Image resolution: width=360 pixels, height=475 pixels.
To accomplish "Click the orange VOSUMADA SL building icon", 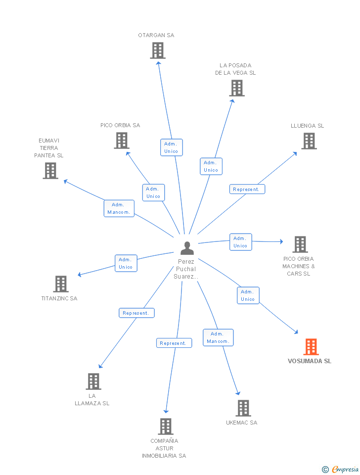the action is point(311,346).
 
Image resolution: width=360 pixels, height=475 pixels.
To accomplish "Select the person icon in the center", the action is point(187,248).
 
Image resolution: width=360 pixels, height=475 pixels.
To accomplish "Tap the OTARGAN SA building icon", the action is point(158,50).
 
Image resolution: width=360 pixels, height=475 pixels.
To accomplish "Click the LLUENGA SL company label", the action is point(307,126).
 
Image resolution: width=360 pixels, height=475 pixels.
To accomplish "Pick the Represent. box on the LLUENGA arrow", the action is point(247,189).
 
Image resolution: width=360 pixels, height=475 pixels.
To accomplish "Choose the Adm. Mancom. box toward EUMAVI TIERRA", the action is point(119,208).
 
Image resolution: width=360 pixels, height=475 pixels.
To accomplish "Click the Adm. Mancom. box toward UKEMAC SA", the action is point(218,337).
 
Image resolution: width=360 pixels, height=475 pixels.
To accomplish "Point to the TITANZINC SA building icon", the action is point(60,284).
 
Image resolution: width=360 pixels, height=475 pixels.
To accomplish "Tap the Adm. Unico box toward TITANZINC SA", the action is point(126,263).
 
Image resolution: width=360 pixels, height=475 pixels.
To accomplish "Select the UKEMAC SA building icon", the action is point(243,408).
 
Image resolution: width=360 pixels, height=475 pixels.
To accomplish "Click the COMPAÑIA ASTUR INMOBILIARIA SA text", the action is point(164,448).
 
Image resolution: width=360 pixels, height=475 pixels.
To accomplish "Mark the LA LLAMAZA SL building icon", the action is point(93,381).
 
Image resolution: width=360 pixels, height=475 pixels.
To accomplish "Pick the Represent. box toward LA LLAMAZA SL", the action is point(136,313).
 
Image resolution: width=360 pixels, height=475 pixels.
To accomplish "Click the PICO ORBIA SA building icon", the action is point(122,141).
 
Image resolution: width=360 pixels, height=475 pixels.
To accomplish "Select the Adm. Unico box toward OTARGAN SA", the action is point(172,147).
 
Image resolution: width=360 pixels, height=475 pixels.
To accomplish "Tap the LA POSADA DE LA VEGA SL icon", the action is point(237,88).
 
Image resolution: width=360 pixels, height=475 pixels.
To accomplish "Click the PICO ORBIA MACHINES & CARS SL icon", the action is point(300,244).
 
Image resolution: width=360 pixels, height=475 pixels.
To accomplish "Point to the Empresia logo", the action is point(341,469).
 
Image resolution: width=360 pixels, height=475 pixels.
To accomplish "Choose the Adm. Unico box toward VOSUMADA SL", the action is point(248,295).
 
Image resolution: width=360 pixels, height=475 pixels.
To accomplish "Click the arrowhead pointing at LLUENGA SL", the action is point(295,153).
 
